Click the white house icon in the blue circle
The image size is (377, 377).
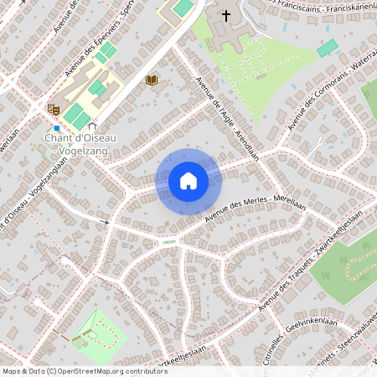[188, 181]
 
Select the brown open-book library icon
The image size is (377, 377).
[152, 80]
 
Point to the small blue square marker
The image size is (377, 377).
[57, 127]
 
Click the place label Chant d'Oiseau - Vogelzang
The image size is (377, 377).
[80, 143]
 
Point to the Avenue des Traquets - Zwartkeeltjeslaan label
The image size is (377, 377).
[310, 265]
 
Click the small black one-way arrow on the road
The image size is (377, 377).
[105, 221]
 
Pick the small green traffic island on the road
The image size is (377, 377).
[170, 241]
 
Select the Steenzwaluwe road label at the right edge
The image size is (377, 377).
[352, 343]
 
